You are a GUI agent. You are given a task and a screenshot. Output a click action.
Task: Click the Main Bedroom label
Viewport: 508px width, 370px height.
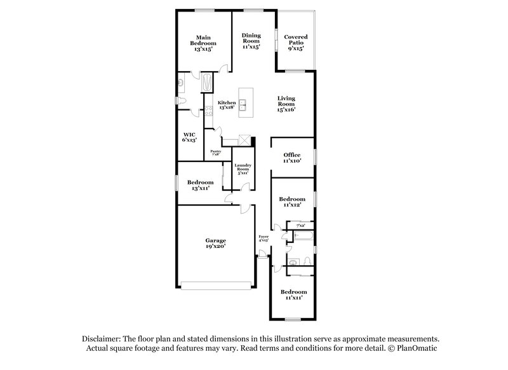pos(203,43)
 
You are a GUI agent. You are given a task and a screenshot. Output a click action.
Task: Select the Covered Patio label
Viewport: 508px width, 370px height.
pos(296,43)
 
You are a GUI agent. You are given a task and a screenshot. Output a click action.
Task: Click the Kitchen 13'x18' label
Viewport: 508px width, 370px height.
pos(227,105)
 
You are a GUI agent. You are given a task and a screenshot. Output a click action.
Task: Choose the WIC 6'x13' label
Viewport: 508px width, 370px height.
pos(189,137)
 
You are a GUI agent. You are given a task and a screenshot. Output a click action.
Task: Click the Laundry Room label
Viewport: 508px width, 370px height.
pos(242,168)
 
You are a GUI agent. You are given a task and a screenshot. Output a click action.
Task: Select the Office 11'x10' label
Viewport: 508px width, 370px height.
pos(292,158)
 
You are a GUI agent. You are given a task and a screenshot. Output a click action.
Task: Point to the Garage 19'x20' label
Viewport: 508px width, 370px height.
pos(216,243)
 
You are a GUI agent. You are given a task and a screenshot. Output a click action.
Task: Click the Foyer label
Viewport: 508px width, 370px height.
pos(264,238)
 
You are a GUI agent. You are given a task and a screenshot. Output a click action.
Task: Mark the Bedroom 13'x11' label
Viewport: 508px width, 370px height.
pos(200,184)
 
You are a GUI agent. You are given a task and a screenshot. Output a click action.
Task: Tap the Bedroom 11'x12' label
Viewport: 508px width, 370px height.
pos(293,202)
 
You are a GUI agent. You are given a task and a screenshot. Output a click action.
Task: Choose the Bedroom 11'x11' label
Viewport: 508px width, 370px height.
pos(292,294)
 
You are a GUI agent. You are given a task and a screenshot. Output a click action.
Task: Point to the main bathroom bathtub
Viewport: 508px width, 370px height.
pos(208,81)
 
